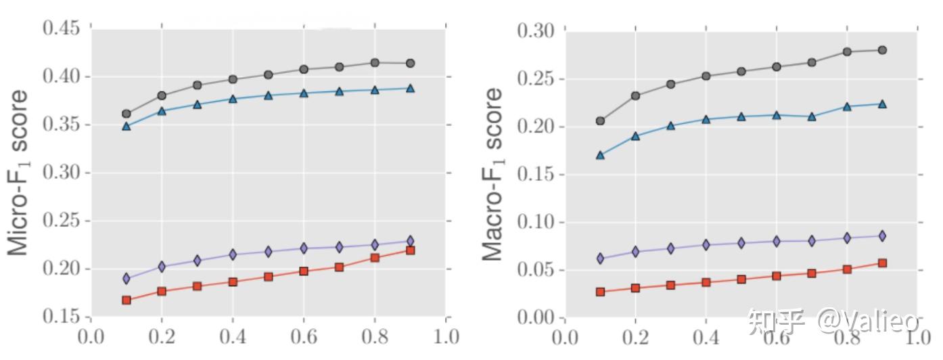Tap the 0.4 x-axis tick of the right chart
pyautogui.click(x=706, y=337)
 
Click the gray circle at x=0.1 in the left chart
pyautogui.click(x=127, y=114)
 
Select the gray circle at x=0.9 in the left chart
pyautogui.click(x=410, y=63)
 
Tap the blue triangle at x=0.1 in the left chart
pyautogui.click(x=127, y=126)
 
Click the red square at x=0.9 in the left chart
pyautogui.click(x=410, y=250)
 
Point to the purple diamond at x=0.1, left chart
pyautogui.click(x=127, y=278)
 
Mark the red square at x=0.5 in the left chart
pyautogui.click(x=268, y=277)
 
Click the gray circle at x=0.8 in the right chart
pyautogui.click(x=847, y=51)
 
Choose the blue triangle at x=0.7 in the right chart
pyautogui.click(x=812, y=116)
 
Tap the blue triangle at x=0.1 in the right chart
pyautogui.click(x=600, y=155)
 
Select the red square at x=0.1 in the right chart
pyautogui.click(x=600, y=292)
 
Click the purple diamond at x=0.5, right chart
pyautogui.click(x=741, y=243)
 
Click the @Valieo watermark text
pyautogui.click(x=869, y=321)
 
